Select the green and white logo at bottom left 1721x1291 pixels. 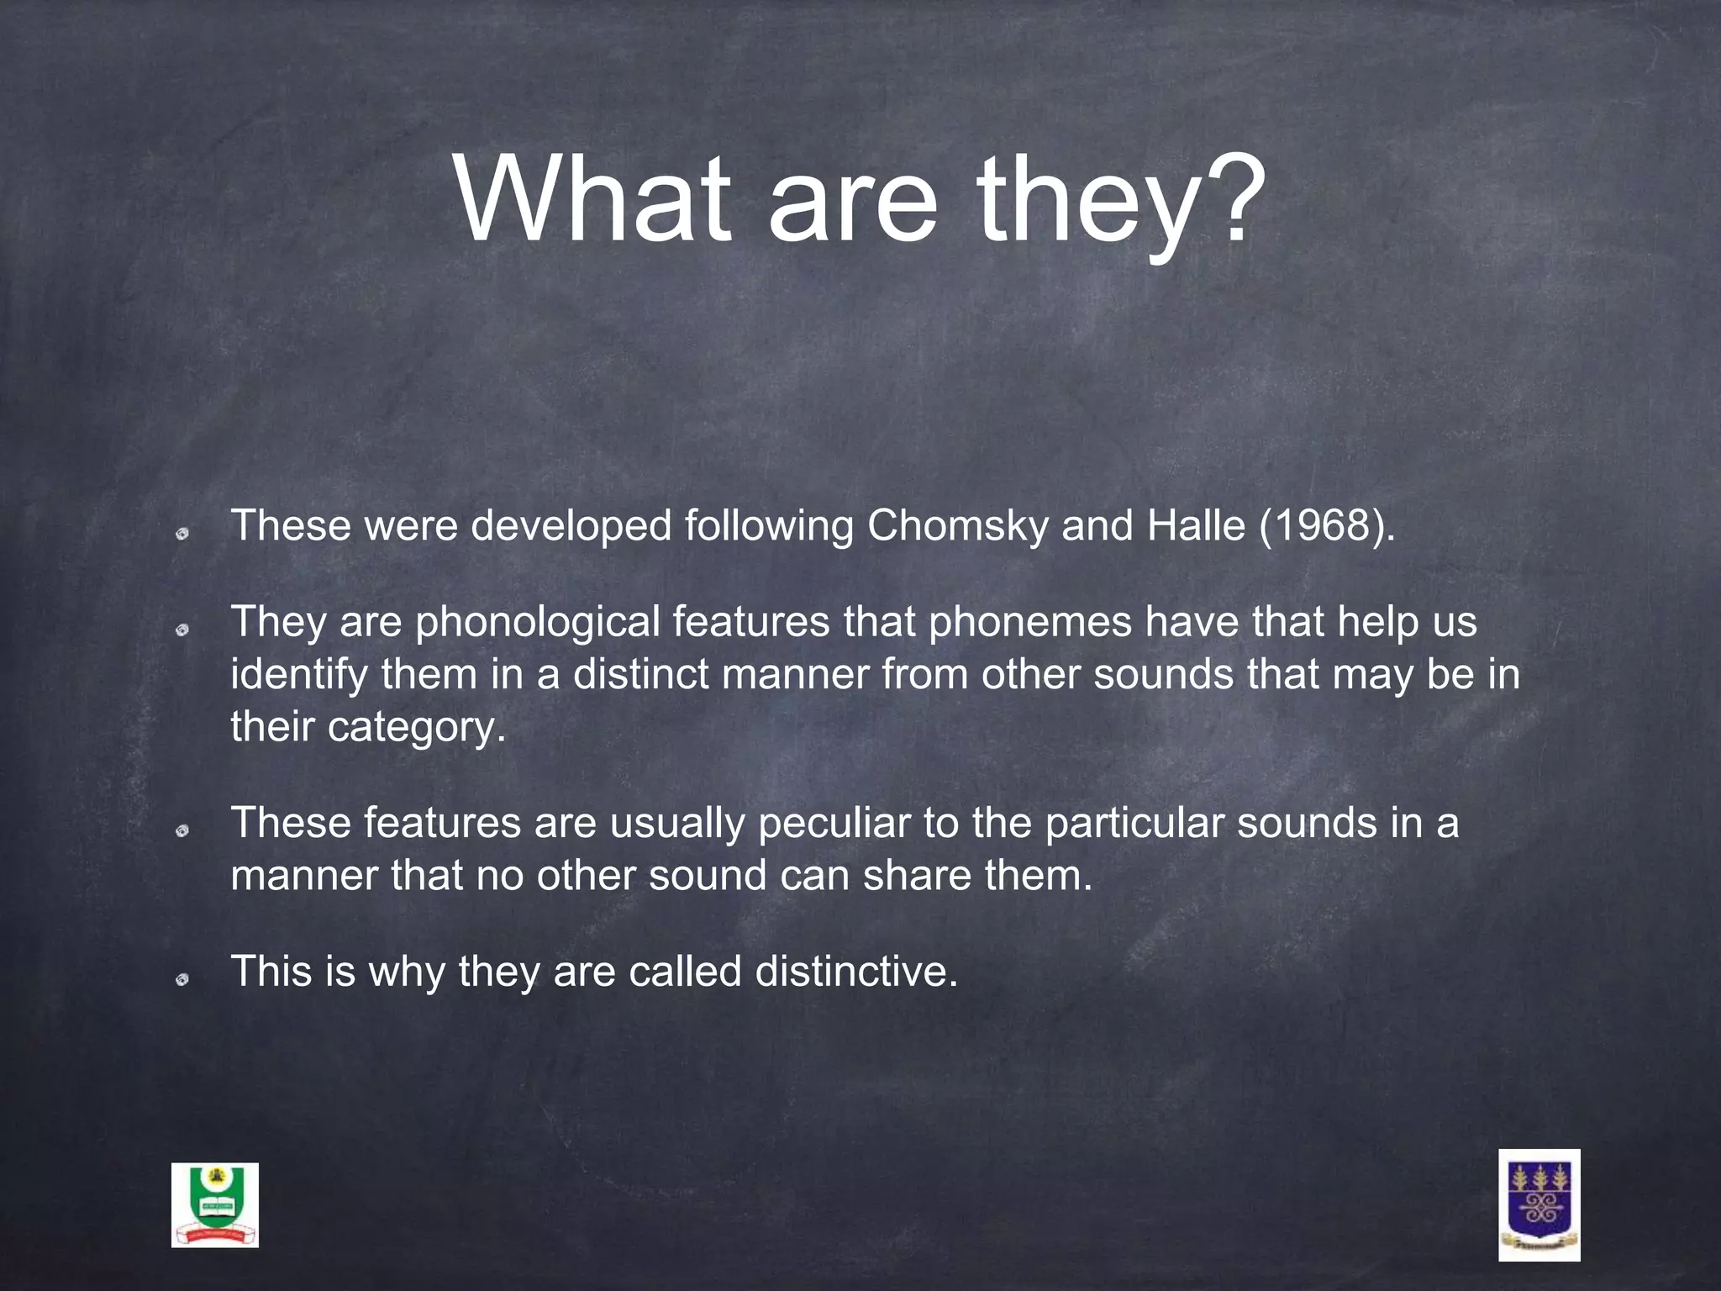point(215,1205)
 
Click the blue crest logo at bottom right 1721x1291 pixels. point(1539,1204)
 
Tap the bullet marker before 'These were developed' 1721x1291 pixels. point(182,533)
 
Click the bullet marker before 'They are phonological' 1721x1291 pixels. point(182,630)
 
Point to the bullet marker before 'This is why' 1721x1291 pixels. point(182,979)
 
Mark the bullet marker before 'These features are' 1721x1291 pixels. point(182,830)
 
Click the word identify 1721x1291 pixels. point(298,675)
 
